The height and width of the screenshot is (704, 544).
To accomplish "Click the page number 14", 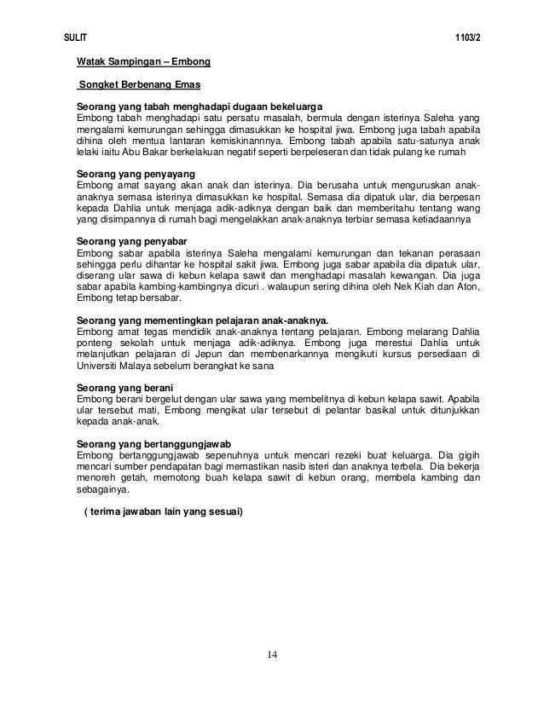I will coord(272,655).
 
